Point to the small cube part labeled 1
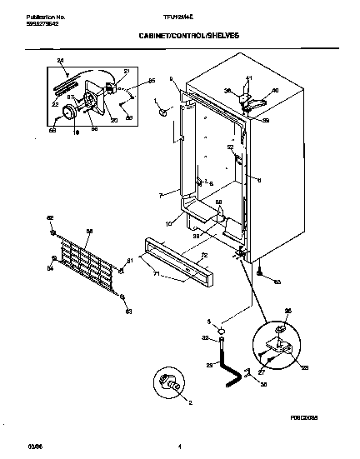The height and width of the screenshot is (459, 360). click(x=163, y=112)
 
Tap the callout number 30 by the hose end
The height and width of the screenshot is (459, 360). click(x=240, y=384)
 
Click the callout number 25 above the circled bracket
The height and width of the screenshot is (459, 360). click(x=289, y=312)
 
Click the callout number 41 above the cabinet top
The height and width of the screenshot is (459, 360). click(x=247, y=79)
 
